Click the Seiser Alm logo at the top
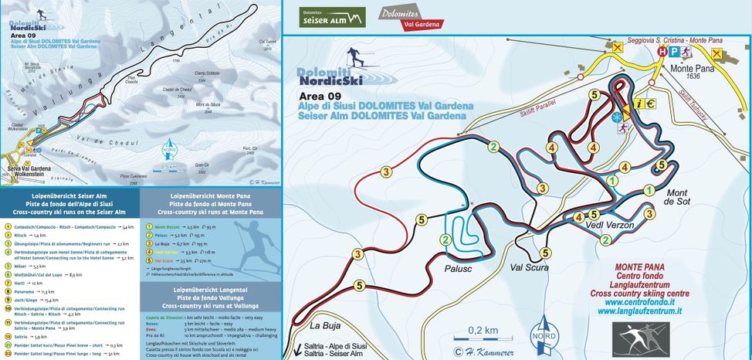point(333,18)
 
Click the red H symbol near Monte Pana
point(661,51)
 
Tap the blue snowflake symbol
point(618,117)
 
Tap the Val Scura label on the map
point(529,270)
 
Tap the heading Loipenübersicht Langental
point(210,289)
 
